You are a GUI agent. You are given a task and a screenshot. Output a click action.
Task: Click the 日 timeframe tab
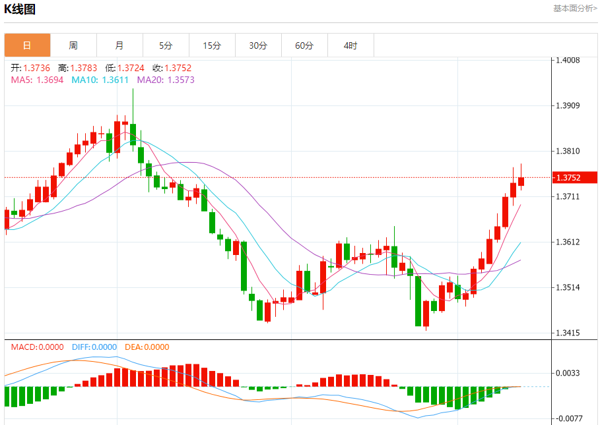[x=27, y=45]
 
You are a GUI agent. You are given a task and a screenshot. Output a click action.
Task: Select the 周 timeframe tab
[x=73, y=45]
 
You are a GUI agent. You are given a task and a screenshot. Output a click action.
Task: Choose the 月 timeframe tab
[x=119, y=45]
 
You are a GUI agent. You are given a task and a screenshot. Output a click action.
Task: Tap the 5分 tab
[x=166, y=45]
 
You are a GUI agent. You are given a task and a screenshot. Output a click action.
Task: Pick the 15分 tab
[x=212, y=45]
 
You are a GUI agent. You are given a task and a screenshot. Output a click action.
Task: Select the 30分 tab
[x=258, y=45]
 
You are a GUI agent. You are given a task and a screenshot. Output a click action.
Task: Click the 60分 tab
[x=304, y=45]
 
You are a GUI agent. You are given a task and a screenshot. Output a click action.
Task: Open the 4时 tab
[x=350, y=45]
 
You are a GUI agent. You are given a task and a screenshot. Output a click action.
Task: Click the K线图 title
[x=20, y=9]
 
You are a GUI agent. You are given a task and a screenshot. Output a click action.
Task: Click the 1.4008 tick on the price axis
[x=568, y=60]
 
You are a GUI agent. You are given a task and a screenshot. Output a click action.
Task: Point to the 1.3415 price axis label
[x=568, y=333]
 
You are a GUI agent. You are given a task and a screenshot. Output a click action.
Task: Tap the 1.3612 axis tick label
[x=568, y=242]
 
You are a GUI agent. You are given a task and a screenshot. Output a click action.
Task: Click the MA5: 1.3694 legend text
[x=37, y=80]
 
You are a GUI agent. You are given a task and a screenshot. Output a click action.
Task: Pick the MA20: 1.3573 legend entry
[x=166, y=80]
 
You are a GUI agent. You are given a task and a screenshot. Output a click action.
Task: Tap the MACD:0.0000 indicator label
[x=37, y=347]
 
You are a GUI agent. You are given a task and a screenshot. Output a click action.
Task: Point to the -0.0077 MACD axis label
[x=568, y=418]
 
